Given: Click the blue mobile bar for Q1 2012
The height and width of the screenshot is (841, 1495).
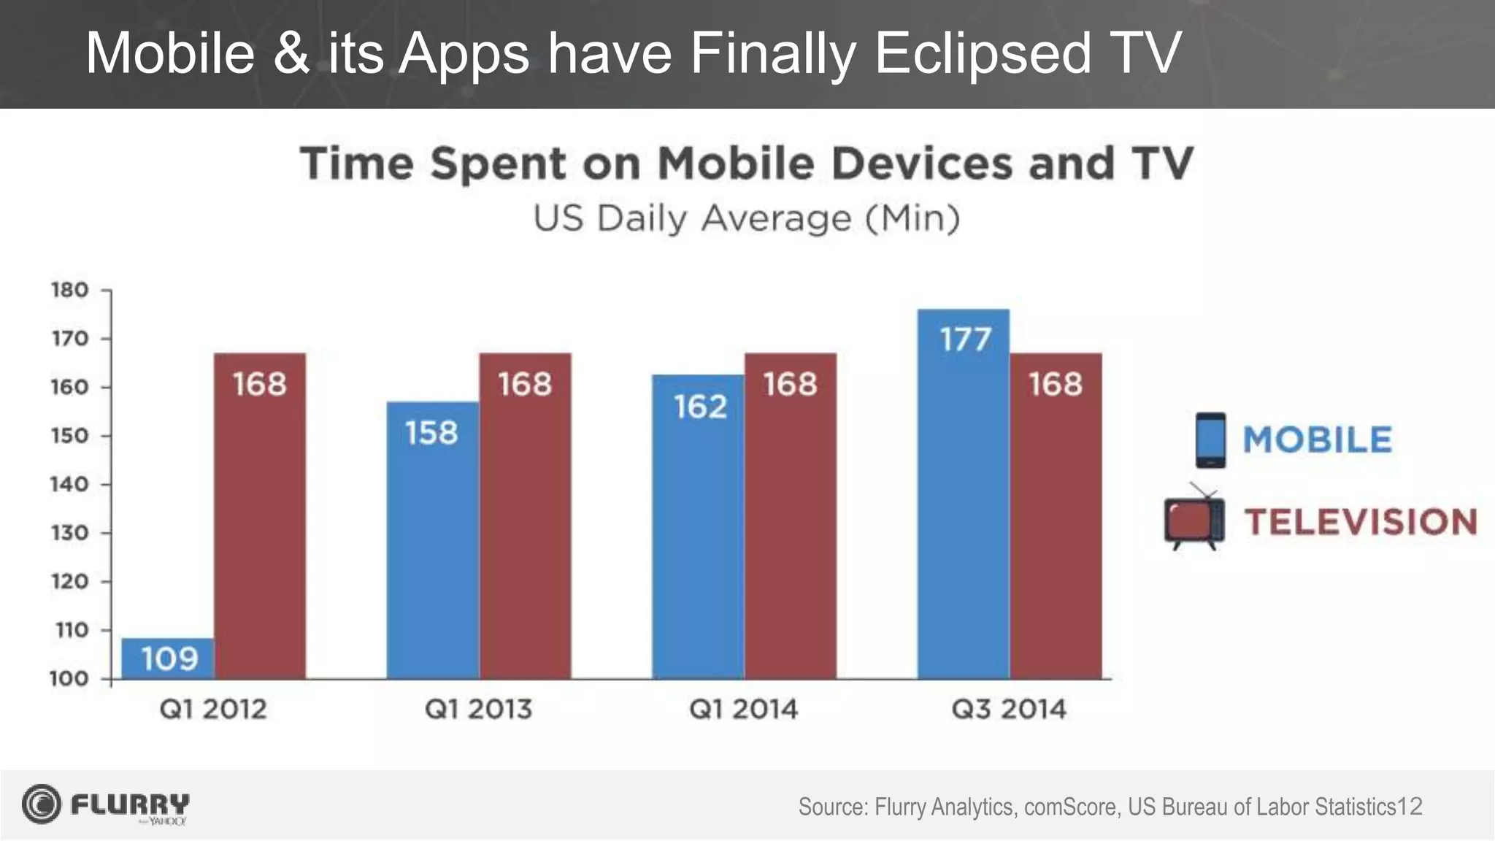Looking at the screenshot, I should click(168, 658).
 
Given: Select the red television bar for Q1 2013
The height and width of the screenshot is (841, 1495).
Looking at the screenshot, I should click(525, 526).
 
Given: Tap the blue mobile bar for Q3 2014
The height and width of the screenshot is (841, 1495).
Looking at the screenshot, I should click(964, 511).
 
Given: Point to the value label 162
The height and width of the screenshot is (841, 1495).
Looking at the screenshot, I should click(700, 407).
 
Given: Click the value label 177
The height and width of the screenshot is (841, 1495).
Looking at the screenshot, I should click(965, 339).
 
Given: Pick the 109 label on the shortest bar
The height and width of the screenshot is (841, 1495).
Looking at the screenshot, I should click(169, 659).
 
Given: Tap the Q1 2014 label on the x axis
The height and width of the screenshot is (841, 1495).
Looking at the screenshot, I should click(743, 709).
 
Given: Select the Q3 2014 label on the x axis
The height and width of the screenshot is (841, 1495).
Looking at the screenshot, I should click(1009, 709).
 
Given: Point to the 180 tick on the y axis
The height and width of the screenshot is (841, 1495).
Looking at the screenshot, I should click(69, 290).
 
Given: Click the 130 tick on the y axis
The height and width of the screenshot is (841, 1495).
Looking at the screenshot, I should click(69, 533).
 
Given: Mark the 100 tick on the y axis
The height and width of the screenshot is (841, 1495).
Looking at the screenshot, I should click(69, 679).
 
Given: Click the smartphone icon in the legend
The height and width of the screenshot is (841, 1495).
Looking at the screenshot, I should click(1210, 440).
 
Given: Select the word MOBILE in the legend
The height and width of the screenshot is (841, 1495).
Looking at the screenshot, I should click(1317, 439).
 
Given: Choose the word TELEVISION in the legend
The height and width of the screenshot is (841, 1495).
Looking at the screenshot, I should click(1360, 522).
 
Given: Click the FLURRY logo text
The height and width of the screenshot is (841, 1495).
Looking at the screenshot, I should click(130, 804).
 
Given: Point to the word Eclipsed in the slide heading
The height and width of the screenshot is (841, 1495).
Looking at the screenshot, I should click(983, 53).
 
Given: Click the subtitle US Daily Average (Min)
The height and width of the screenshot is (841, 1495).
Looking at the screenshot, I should click(746, 218).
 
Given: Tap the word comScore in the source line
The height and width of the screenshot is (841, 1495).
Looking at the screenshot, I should click(1070, 807).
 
